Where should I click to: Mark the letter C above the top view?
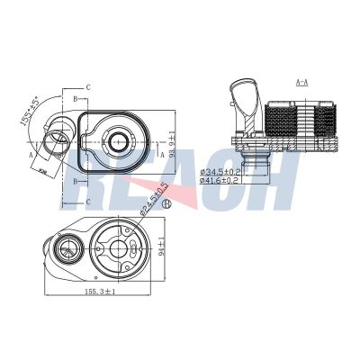[x=87, y=88]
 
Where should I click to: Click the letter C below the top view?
[x=87, y=203]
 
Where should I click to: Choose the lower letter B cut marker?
[x=71, y=179]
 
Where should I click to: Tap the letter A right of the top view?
[x=161, y=154]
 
